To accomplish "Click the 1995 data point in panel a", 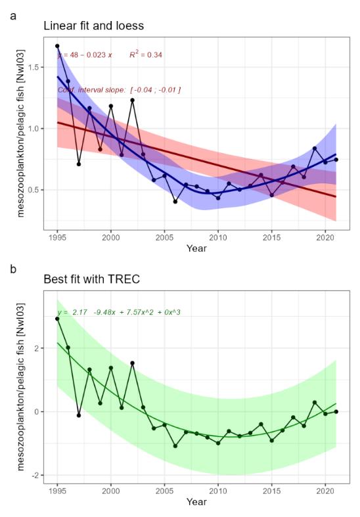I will [57, 46].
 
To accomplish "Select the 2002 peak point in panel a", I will [132, 100].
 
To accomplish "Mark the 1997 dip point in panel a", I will [79, 164].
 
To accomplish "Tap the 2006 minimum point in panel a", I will [175, 201].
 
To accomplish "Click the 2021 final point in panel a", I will [336, 160].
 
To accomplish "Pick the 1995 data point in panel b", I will [57, 319].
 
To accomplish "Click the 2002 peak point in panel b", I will [132, 363].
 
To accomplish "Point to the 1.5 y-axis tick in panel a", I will [36, 67].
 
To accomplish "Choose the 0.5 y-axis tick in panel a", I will [36, 190].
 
